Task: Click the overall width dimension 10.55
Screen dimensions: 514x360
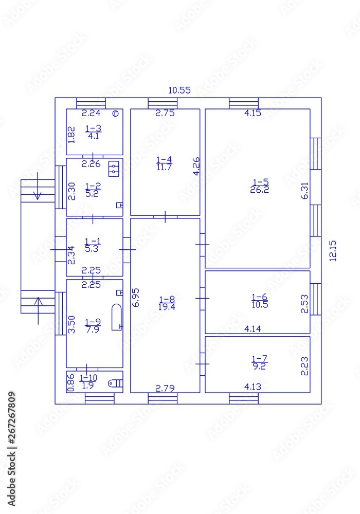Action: click(179, 90)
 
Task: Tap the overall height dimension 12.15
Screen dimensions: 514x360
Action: click(333, 251)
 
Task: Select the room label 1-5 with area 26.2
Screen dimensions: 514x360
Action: click(260, 186)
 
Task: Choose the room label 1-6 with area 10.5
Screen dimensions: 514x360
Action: click(260, 300)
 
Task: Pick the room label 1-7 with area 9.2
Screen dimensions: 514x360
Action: click(260, 363)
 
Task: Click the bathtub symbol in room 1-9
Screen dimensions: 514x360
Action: click(117, 317)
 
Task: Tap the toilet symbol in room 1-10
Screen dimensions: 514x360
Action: click(116, 382)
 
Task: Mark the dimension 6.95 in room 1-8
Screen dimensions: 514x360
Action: click(136, 297)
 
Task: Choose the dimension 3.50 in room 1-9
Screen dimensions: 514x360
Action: click(73, 324)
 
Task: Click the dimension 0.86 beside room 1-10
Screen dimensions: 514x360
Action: click(71, 382)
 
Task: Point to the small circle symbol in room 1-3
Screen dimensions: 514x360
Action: click(116, 114)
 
